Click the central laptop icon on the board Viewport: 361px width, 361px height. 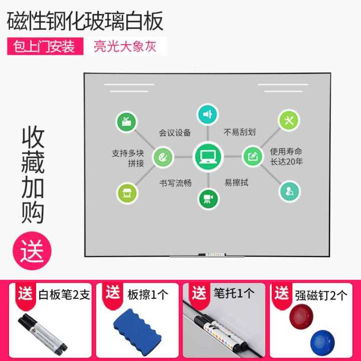coord(208,156)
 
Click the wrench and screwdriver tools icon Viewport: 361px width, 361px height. coord(289,120)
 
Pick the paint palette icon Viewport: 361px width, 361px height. coord(163,157)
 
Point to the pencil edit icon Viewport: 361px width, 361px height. coord(253,156)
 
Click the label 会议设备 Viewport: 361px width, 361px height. coord(175,133)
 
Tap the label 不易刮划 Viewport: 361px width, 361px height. coord(240,132)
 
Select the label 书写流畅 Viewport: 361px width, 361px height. coord(175,183)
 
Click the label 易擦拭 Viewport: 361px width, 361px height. coord(236,182)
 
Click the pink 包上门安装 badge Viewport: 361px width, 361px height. coord(45,46)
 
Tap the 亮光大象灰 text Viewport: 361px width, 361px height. coord(125,46)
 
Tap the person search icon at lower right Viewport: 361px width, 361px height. coord(290,191)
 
